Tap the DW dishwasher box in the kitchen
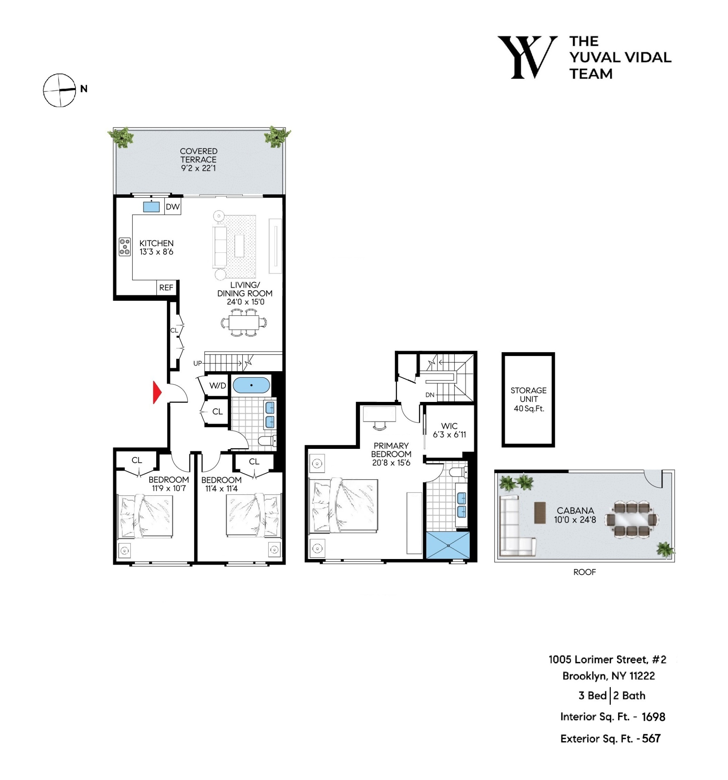(172, 207)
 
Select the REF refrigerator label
(166, 287)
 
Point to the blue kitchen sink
(151, 207)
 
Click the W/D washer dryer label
(218, 385)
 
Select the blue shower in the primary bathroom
(447, 545)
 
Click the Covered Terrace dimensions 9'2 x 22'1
(198, 168)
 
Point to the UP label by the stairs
(197, 363)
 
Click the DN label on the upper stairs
(430, 395)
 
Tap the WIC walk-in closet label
(449, 426)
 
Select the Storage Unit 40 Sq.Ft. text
(528, 399)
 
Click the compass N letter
(83, 89)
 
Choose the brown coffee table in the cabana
(539, 512)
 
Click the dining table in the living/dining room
(244, 322)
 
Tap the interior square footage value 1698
(653, 717)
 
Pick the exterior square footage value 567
(651, 738)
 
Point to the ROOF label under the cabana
(584, 572)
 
